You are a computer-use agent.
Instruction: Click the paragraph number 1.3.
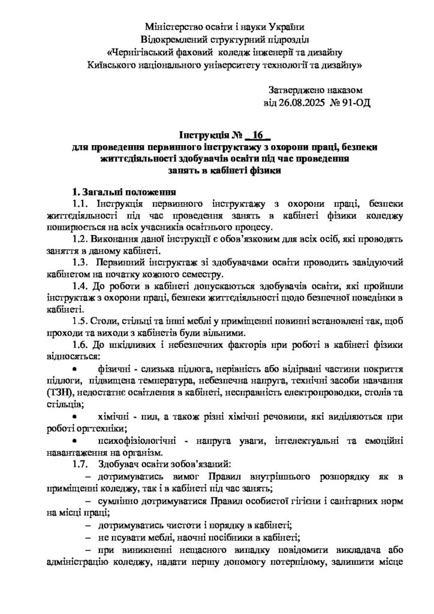(x=80, y=262)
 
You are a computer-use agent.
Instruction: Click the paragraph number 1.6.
(x=80, y=344)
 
